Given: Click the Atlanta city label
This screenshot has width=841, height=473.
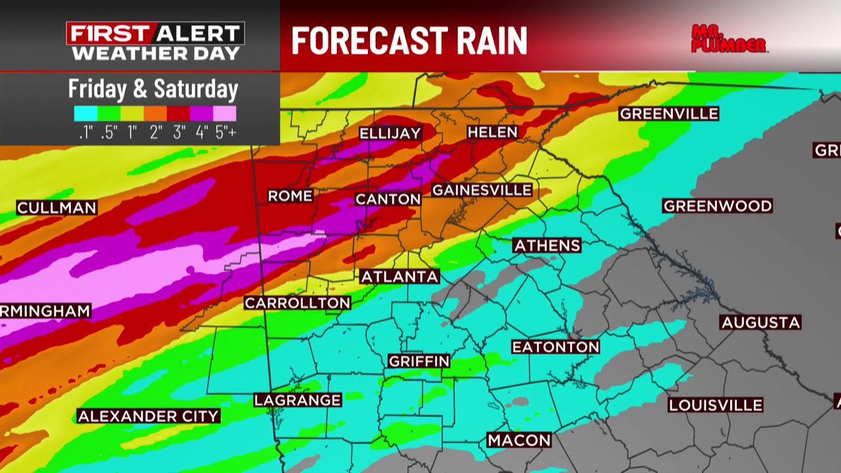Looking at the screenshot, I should (399, 277).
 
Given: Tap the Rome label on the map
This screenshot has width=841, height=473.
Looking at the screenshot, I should (290, 196).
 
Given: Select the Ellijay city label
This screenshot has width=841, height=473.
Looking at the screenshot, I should (390, 133).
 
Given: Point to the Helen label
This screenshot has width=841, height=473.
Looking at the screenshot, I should (493, 132).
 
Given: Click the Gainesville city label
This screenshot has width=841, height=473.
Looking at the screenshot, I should (482, 190).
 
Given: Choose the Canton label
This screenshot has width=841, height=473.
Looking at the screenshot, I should (388, 198).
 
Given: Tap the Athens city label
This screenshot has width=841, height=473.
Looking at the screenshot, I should (547, 246).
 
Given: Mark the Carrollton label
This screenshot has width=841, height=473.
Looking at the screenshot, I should (298, 303).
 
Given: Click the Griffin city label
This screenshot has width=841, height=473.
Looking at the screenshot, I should (419, 361).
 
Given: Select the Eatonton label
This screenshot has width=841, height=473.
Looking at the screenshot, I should (556, 347).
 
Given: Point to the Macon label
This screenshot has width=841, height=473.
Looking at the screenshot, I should (519, 440).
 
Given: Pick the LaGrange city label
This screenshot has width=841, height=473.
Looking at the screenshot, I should (298, 399).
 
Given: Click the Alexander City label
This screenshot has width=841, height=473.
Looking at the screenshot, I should (148, 416).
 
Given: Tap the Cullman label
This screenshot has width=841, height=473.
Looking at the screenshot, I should (57, 208).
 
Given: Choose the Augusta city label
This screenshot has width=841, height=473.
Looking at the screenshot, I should (761, 323).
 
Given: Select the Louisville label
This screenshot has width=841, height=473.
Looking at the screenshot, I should (716, 405).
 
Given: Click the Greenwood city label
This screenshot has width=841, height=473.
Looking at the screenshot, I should (717, 206).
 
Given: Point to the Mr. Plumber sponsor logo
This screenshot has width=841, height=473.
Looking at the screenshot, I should (729, 39).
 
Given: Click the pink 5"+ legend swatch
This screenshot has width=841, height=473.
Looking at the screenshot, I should (225, 114).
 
